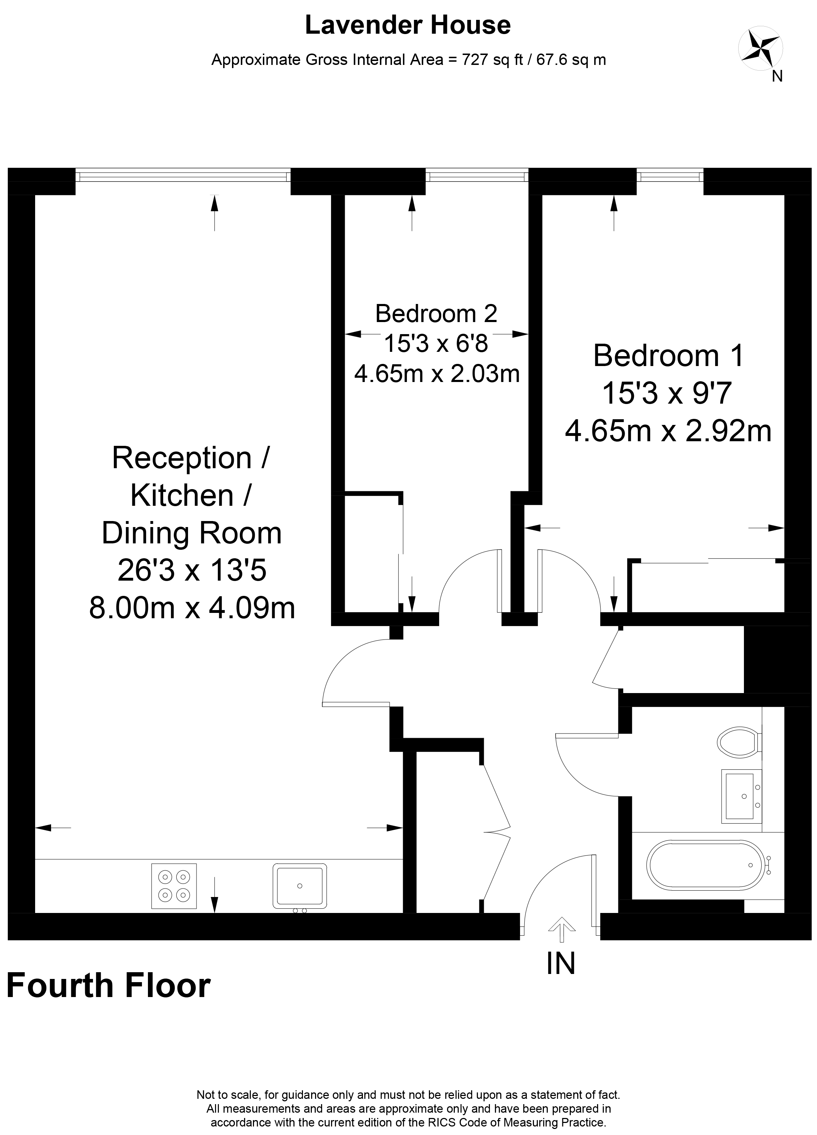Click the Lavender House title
click(408, 25)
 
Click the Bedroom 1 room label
click(669, 355)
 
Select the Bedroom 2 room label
click(436, 314)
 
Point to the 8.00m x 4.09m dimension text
click(192, 608)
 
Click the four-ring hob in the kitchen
click(174, 886)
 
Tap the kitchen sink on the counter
click(300, 886)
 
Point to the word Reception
click(182, 458)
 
